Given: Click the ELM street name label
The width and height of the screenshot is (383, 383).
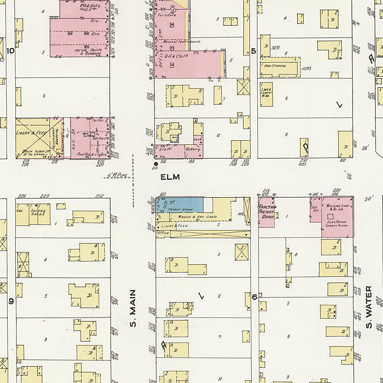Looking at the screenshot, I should tap(170, 177).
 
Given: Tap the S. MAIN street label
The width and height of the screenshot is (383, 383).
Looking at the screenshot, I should tap(133, 308).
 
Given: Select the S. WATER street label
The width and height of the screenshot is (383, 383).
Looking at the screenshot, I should tap(369, 307).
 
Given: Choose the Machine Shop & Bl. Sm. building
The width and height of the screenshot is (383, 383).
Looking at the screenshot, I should tap(337, 217).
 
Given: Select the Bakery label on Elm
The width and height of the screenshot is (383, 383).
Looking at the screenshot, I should tap(193, 149).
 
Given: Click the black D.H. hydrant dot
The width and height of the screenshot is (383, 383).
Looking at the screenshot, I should tap(156, 164).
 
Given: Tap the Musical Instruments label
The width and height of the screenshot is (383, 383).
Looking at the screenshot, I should tap(182, 42).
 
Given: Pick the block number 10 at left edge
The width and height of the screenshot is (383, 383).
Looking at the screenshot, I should tap(10, 51).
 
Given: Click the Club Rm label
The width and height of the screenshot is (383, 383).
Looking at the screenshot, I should tap(314, 209).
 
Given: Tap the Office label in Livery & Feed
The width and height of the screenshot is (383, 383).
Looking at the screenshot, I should tap(163, 233).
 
